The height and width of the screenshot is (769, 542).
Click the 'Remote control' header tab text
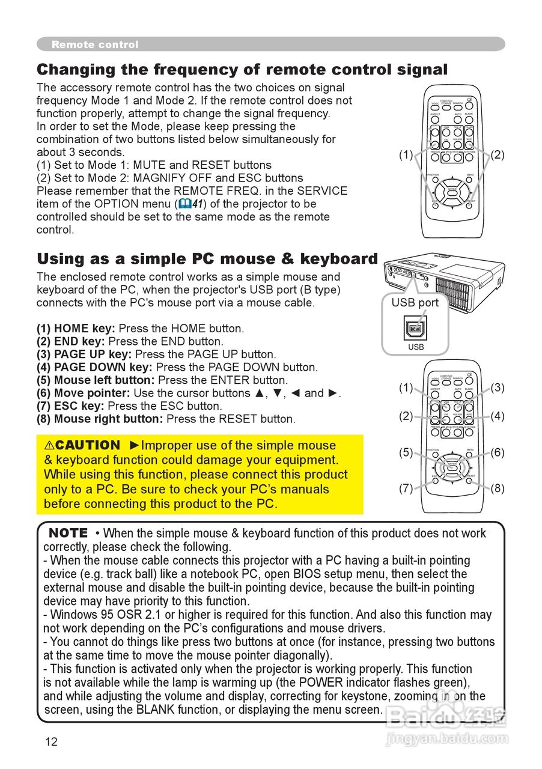[95, 44]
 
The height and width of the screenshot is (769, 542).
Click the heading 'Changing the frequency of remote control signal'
[242, 69]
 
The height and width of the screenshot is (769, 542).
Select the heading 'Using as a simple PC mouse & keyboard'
[207, 259]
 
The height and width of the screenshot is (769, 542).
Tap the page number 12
[51, 741]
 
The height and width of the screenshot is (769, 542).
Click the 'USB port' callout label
[415, 303]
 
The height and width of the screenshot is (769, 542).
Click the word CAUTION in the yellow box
[82, 445]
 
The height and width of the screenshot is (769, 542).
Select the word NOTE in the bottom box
[68, 533]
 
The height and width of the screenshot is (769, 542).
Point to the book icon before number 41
[185, 204]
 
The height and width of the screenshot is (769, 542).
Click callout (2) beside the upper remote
[498, 155]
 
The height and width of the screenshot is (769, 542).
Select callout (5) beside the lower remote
[406, 453]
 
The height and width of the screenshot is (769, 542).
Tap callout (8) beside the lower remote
[498, 488]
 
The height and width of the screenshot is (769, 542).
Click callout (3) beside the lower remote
[498, 388]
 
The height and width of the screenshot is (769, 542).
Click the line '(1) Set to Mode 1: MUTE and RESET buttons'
[154, 165]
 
